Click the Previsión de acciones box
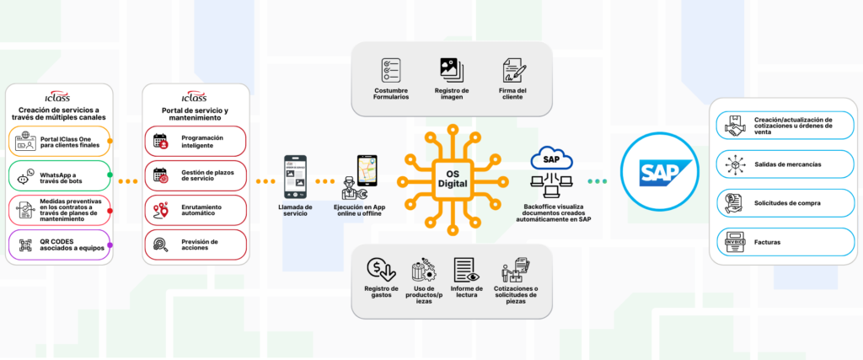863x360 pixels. [x=195, y=244]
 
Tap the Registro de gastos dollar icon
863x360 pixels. [x=380, y=271]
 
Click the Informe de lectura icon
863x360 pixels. [x=466, y=271]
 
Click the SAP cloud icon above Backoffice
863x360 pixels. [x=552, y=159]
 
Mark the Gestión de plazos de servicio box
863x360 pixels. [x=195, y=175]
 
